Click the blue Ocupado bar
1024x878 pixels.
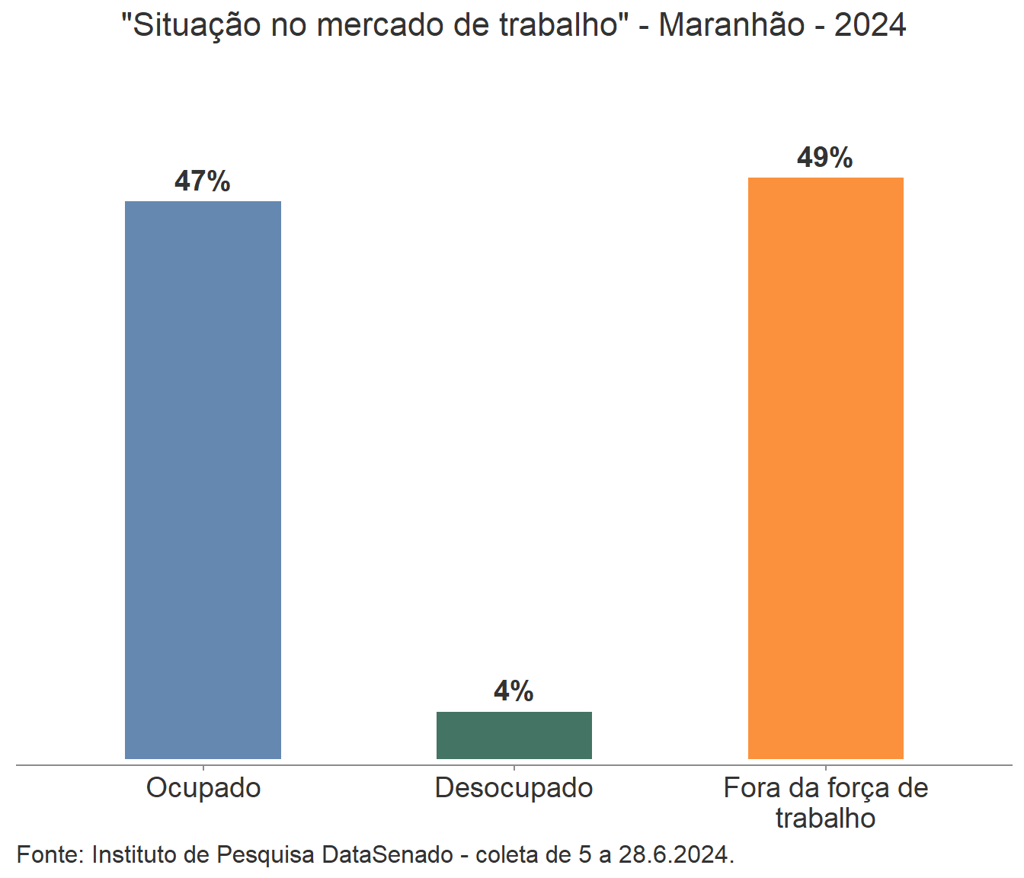point(203,480)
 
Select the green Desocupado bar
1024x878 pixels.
point(514,735)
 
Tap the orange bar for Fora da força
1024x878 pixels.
point(826,468)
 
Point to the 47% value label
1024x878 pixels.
point(203,181)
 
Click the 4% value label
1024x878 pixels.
point(514,691)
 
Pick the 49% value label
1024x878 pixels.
point(825,158)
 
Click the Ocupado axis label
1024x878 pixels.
point(203,788)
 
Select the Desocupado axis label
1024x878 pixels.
point(514,788)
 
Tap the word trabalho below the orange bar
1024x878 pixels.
point(826,819)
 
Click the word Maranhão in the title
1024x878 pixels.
point(731,25)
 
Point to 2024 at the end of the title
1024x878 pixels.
point(870,25)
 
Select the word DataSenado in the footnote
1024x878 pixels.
point(387,854)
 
